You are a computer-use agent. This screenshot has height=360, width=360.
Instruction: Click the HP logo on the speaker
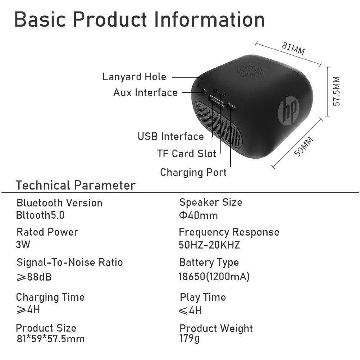click(x=289, y=109)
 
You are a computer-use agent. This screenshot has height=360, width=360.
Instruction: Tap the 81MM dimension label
click(x=293, y=49)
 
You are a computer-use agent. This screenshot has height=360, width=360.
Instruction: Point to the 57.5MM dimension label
click(x=336, y=91)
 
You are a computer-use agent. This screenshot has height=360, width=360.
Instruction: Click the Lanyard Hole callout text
click(x=134, y=77)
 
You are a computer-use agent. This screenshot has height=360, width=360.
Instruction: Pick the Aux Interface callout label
click(x=145, y=93)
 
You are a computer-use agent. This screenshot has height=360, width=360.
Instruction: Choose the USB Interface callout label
click(x=170, y=137)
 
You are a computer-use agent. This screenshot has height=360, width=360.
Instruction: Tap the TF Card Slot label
click(x=187, y=154)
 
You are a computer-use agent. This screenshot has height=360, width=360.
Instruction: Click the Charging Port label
click(x=193, y=172)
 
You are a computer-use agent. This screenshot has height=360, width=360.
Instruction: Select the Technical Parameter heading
click(x=76, y=185)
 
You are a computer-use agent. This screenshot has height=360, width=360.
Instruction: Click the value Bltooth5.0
click(x=40, y=215)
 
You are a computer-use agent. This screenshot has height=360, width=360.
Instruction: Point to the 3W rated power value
click(x=23, y=245)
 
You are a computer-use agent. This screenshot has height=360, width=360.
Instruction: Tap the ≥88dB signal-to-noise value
click(x=34, y=277)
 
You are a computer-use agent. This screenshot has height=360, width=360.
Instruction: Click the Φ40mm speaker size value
click(x=198, y=216)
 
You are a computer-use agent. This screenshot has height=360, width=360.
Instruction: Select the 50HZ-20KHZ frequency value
click(x=209, y=245)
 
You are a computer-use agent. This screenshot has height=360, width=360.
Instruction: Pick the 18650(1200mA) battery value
click(x=214, y=277)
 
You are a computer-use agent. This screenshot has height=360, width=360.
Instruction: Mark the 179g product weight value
click(x=190, y=338)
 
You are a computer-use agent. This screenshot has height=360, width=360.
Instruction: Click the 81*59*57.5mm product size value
click(x=50, y=339)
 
